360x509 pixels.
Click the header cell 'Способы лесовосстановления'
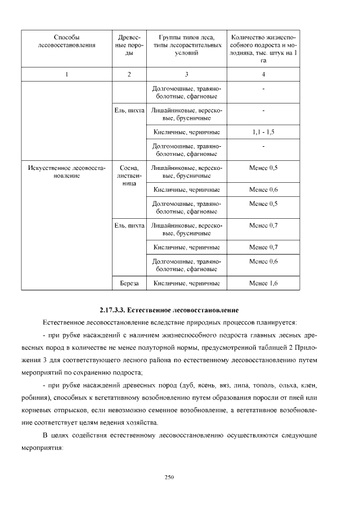tap(66, 42)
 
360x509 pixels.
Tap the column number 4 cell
tap(263, 74)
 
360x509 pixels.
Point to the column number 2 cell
tap(129, 74)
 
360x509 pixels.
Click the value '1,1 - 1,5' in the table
tap(263, 132)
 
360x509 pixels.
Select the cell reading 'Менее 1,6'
tap(263, 283)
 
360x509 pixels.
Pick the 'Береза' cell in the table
tap(129, 283)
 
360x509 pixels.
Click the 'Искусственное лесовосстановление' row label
tap(66, 172)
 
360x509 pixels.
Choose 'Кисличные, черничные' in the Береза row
tap(186, 283)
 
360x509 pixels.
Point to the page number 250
tap(168, 478)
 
